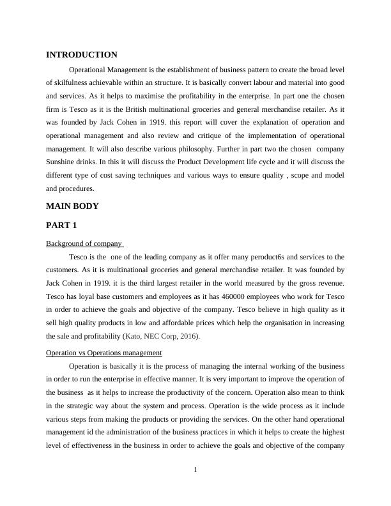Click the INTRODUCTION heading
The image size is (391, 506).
(x=82, y=55)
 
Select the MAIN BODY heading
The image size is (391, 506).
(x=72, y=206)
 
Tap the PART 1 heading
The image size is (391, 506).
(x=62, y=226)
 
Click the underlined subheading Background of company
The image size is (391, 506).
(x=84, y=243)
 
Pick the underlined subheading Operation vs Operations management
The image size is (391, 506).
(x=104, y=353)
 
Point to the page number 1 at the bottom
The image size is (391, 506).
(x=195, y=471)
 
